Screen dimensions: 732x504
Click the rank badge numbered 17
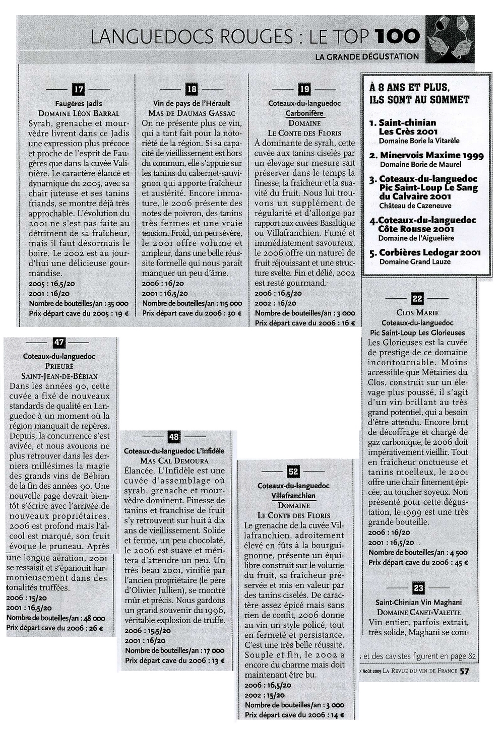[78, 90]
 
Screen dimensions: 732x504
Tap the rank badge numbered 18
[192, 90]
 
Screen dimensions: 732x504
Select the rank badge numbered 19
[304, 90]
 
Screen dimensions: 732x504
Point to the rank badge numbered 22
[417, 299]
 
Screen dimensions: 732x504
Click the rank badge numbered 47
[59, 343]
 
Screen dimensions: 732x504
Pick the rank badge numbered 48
[174, 437]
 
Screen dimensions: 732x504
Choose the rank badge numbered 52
[293, 472]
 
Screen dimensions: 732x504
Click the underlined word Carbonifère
[304, 113]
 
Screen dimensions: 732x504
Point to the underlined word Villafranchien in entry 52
[293, 496]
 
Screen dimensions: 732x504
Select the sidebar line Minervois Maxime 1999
[431, 155]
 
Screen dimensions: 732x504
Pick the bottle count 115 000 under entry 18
[229, 303]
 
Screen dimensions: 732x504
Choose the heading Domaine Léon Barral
[79, 113]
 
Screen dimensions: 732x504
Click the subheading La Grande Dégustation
[367, 56]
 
